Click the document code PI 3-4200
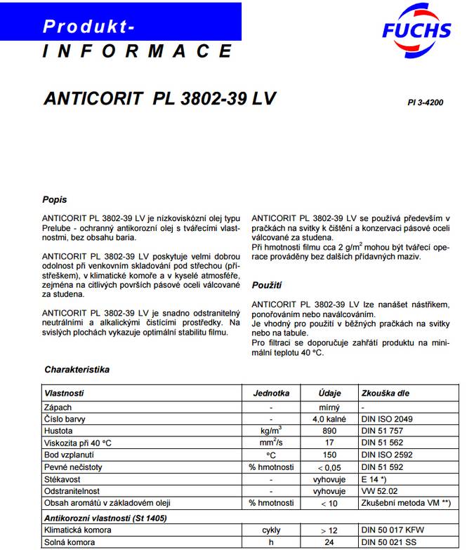coord(425,102)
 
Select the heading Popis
coord(55,200)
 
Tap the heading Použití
coord(266,286)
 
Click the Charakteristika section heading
coord(77,369)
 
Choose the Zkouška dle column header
coord(384,394)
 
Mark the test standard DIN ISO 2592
coord(386,454)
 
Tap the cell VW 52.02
coord(378,490)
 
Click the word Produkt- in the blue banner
coord(88,27)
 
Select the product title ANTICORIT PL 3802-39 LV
coord(159,99)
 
